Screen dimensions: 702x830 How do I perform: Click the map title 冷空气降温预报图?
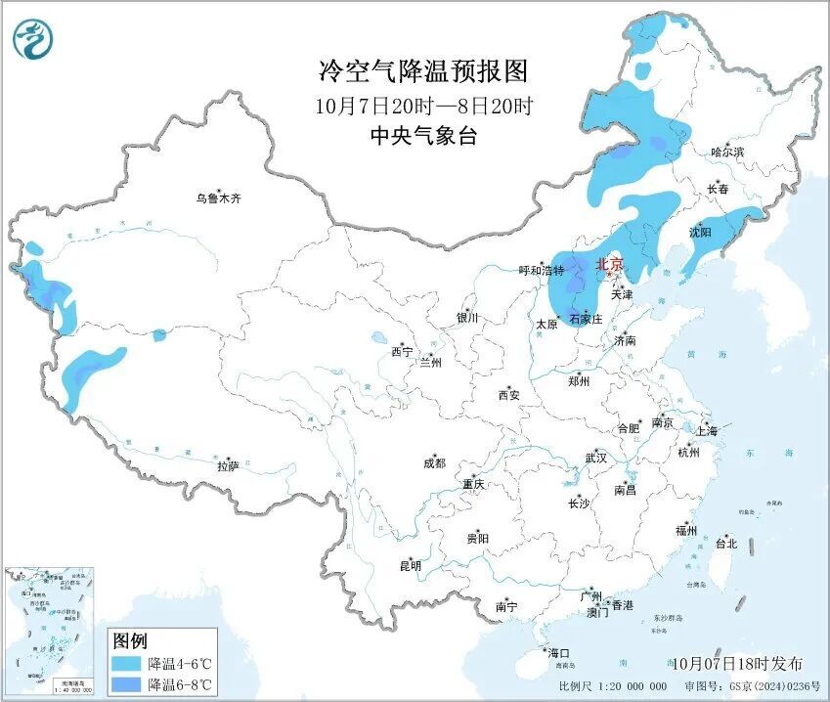423,71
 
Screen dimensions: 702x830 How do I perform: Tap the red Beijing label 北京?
609,264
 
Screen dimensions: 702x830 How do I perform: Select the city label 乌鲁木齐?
218,198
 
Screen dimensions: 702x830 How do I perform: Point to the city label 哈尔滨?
727,153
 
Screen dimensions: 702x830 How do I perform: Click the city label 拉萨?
228,467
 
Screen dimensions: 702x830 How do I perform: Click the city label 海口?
558,653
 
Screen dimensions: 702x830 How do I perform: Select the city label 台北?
725,544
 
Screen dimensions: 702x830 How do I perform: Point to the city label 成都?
434,463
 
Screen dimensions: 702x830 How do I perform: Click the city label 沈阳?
700,233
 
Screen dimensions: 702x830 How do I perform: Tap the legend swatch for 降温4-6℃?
125,663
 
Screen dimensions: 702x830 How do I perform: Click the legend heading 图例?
130,641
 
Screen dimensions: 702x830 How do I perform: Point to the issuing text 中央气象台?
423,137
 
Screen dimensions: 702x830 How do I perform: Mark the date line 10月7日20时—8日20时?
423,106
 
